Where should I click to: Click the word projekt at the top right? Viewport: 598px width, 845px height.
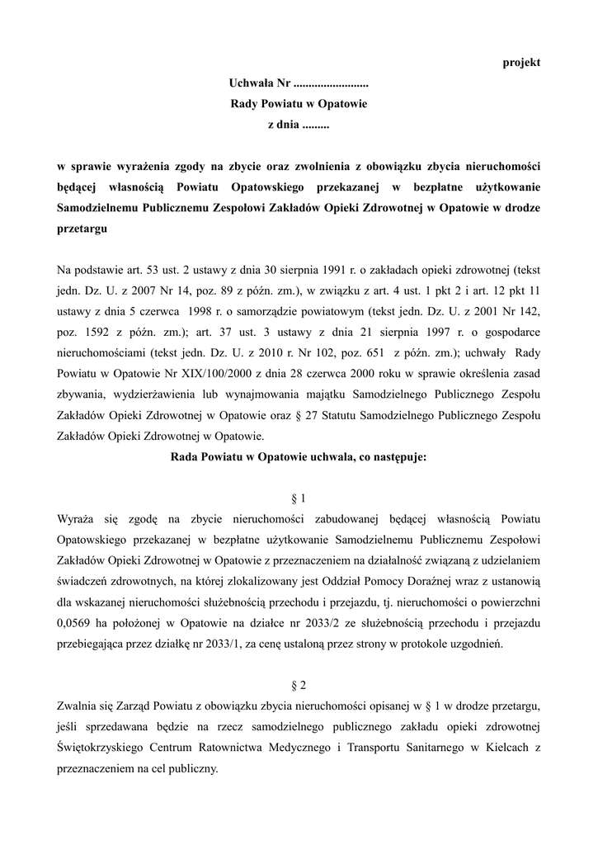521,64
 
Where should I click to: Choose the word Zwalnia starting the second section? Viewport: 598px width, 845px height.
78,706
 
